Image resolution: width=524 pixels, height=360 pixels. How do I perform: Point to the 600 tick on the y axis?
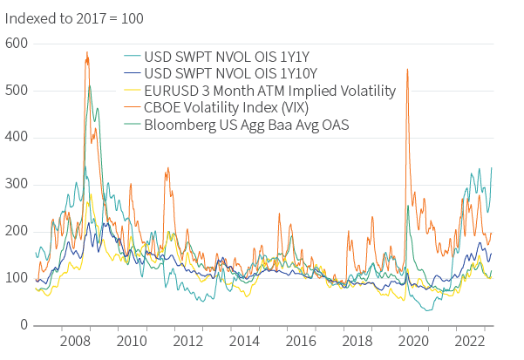click(17, 43)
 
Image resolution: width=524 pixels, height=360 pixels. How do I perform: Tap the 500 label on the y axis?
click(17, 90)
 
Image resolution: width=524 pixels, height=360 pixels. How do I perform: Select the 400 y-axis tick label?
click(17, 137)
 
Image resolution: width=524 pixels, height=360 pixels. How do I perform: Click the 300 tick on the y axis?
click(17, 184)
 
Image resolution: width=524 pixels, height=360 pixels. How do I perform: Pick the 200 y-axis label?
click(17, 231)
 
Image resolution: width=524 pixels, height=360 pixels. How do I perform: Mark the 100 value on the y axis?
click(17, 278)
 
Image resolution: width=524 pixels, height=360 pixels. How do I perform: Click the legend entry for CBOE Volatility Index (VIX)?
click(236, 108)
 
